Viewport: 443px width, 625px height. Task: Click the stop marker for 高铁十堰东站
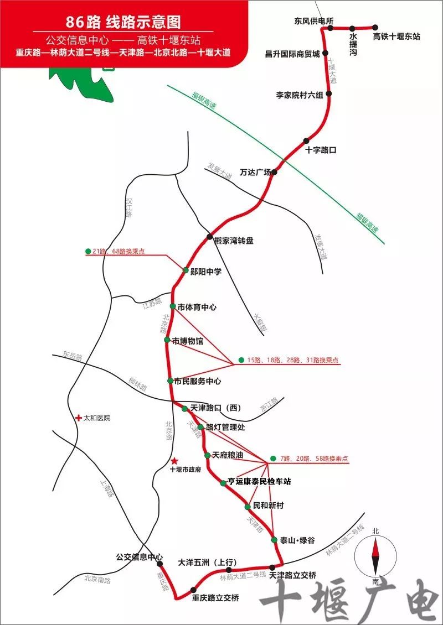(375, 27)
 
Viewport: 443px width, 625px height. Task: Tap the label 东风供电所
(313, 21)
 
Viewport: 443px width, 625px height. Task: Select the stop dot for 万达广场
(274, 172)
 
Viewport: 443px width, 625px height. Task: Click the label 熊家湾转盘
(234, 241)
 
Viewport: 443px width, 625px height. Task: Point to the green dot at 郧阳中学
(186, 270)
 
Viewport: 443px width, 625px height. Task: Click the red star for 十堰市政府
(174, 461)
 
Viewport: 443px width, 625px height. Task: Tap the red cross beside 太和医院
(79, 418)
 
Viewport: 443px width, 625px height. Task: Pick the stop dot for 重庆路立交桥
(193, 590)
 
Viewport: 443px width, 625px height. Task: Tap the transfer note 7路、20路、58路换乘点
(314, 459)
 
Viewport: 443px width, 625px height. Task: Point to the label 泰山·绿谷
(297, 540)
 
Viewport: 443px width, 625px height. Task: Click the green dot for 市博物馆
(167, 340)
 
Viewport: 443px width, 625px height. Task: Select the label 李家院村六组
(300, 95)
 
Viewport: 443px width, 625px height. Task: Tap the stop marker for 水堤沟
(352, 27)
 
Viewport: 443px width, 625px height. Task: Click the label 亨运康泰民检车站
(259, 482)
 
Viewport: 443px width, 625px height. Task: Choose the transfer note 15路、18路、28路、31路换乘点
(293, 360)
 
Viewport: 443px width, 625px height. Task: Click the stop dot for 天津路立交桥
(272, 567)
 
